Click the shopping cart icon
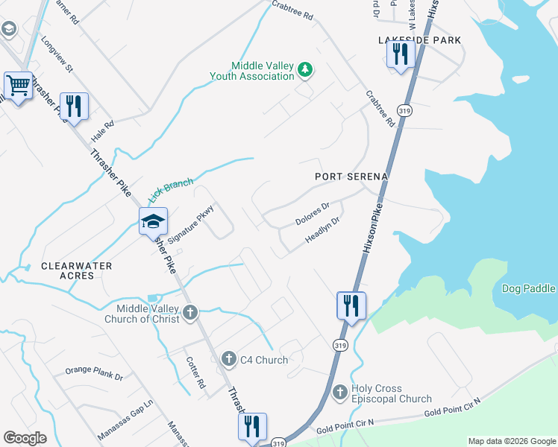18,86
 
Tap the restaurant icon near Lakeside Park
401,54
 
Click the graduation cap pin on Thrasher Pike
153,221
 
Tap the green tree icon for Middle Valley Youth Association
304,71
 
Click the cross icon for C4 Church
230,360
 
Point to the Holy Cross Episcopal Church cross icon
339,392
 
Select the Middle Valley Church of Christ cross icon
190,313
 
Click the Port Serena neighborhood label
351,177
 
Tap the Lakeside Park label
419,39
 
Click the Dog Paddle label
528,288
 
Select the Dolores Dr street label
312,215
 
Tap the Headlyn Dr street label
322,230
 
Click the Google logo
25,438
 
